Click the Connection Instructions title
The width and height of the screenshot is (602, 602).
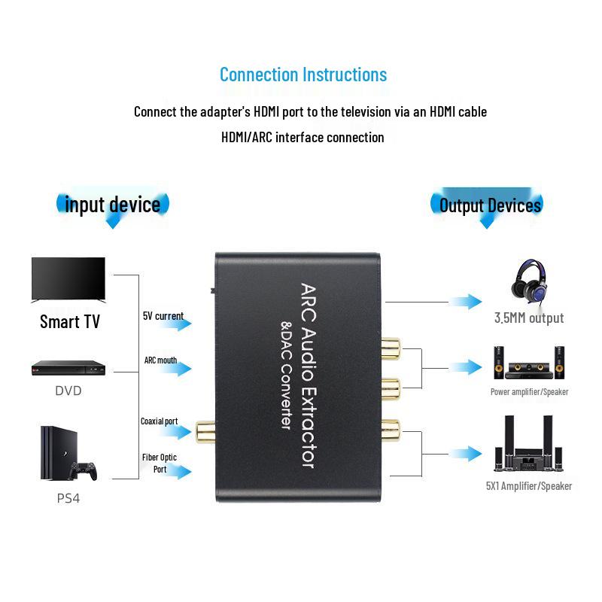303,74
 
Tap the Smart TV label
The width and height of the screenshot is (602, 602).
69,322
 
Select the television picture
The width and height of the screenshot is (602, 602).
68,279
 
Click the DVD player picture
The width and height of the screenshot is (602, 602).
68,367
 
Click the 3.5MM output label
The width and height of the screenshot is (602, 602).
529,318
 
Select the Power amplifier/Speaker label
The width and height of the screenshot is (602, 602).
529,392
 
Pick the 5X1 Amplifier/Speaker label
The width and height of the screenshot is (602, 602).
529,486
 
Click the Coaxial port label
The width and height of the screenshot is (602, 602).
160,421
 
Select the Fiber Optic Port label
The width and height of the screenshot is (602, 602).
160,463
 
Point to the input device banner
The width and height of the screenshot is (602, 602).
113,205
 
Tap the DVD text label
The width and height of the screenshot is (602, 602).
68,391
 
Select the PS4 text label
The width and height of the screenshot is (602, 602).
68,498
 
